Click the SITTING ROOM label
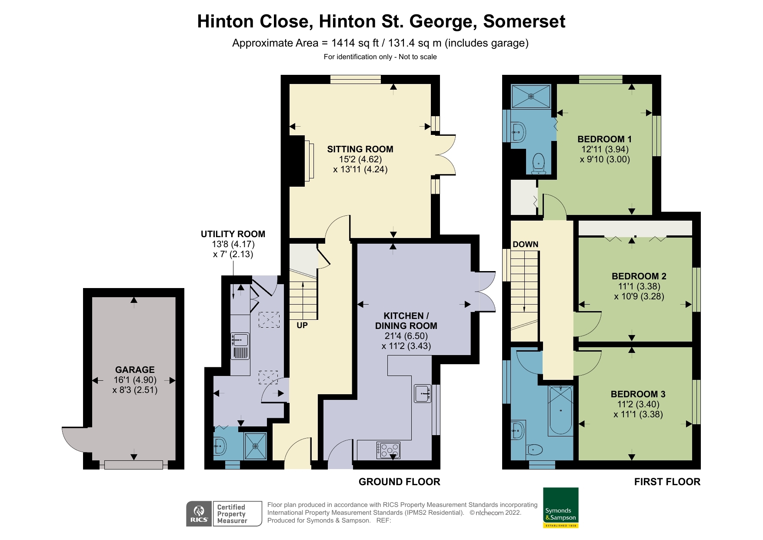[x=360, y=149]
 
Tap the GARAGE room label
[x=135, y=369]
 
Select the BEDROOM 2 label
[x=639, y=276]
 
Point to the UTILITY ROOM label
[x=233, y=234]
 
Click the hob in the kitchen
[x=388, y=450]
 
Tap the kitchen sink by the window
[x=422, y=393]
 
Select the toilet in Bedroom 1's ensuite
[x=539, y=164]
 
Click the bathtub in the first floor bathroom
[x=561, y=410]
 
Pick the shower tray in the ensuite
[x=531, y=97]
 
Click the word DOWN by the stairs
[x=525, y=245]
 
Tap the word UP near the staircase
[x=302, y=325]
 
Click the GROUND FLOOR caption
[x=399, y=482]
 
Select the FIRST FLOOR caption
[x=667, y=482]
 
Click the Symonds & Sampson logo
[x=561, y=508]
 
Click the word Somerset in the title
[x=524, y=21]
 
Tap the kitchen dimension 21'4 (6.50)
[x=406, y=336]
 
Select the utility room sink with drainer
[x=240, y=346]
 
